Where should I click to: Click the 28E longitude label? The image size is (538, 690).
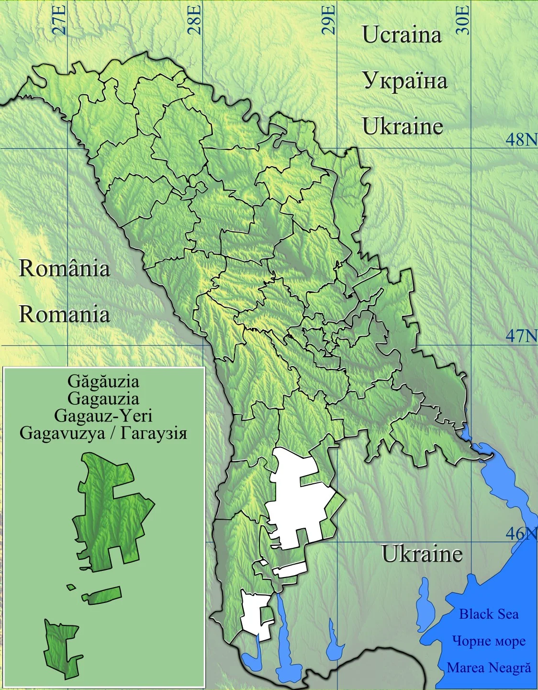194,19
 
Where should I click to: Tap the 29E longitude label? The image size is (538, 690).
329,19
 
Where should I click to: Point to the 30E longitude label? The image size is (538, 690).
463,19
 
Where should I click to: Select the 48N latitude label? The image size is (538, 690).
521,139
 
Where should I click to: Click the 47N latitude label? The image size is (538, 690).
521,336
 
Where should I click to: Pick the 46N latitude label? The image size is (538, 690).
521,533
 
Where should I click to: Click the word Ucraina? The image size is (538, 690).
402,35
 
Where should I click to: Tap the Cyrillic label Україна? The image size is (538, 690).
405,80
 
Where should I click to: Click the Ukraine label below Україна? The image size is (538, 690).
403,126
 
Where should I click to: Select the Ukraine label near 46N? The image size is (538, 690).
422,554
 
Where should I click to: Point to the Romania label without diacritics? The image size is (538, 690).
64,314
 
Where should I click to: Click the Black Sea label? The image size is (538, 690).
488,614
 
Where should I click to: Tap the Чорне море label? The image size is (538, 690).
488,641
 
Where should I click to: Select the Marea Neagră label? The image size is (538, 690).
488,668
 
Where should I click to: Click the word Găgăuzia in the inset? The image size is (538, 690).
103,381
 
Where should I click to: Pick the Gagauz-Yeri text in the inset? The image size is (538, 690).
103,415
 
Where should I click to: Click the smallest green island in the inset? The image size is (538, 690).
71,587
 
